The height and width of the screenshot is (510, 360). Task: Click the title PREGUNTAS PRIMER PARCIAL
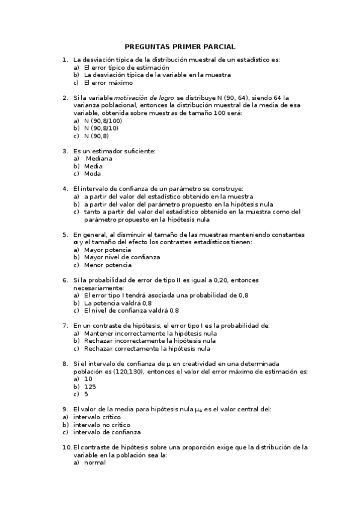180,46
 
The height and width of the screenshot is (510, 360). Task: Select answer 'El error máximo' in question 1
108,83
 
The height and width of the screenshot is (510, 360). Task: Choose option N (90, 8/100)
104,120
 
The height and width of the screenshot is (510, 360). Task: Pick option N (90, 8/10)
102,128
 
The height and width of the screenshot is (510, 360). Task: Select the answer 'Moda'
93,174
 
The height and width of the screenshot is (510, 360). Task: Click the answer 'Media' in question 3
93,166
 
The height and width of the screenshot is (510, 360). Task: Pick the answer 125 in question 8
90,387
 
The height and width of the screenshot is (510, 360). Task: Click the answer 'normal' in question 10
94,462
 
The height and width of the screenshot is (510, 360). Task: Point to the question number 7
65,325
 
